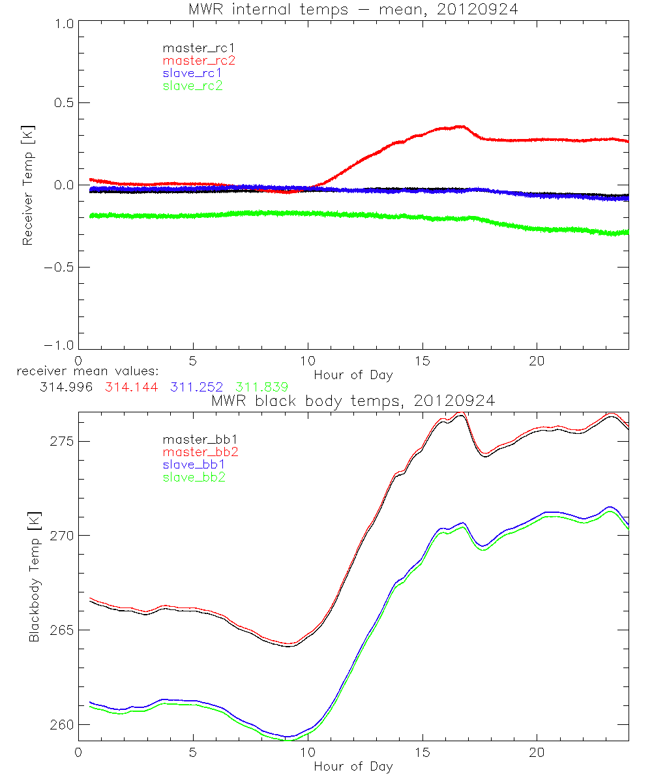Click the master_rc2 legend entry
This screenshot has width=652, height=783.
coord(199,60)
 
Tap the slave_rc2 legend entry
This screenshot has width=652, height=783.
coord(192,85)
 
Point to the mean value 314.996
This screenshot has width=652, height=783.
coord(67,387)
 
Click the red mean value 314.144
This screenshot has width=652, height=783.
coord(130,387)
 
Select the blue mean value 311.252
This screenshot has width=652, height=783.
coord(198,387)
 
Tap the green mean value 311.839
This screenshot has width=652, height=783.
coord(261,387)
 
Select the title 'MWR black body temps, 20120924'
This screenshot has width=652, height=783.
coord(353,401)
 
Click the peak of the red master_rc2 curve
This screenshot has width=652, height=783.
coord(462,126)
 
